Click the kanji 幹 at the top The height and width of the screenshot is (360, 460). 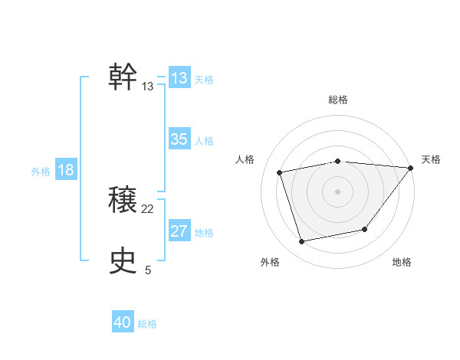coord(123,77)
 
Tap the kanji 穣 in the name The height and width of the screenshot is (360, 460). coord(123,201)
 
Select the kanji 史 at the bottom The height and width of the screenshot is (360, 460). coord(123,262)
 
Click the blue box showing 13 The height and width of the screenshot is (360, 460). coord(179,78)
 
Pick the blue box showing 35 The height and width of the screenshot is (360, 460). coord(179,139)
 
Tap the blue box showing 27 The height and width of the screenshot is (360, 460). coord(179,231)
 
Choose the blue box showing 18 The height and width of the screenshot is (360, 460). coord(66,170)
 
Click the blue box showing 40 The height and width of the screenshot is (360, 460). coord(123,322)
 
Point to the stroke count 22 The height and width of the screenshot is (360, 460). coord(148,209)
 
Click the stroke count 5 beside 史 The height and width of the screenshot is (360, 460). coord(148,270)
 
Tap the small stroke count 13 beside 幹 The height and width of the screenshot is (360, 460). coord(148,87)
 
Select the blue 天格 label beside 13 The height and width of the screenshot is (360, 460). coord(204,79)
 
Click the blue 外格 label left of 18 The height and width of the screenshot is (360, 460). coord(41,172)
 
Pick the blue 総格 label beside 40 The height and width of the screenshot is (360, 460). coord(147,324)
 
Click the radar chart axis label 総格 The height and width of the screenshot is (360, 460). coord(338,100)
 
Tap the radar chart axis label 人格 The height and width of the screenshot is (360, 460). coord(245,159)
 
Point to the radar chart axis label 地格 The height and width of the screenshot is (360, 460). coord(402,263)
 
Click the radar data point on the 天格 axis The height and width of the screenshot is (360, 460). coord(411,168)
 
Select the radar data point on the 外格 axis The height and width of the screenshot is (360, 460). coord(302,242)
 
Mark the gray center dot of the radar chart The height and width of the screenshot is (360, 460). coord(338,191)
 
